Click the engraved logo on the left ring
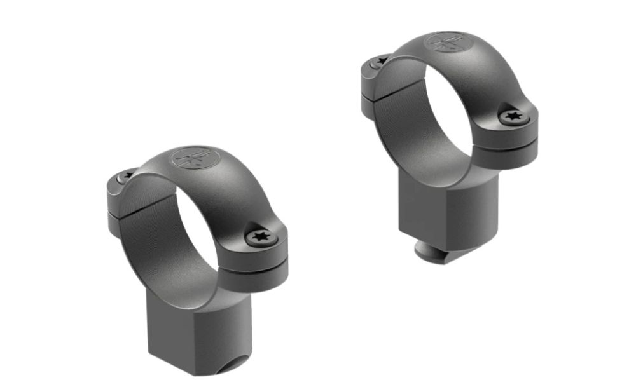pos(192,158)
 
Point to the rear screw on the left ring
pos(128,173)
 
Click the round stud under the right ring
pos(434,250)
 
